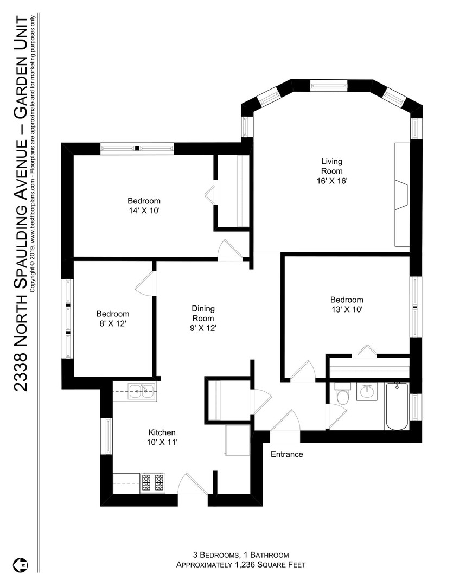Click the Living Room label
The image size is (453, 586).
[x=332, y=167]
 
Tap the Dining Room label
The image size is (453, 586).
[x=203, y=314]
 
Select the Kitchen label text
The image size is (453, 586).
[x=162, y=432]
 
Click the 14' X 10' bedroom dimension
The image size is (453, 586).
[x=144, y=211]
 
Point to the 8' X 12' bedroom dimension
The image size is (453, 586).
[x=112, y=324]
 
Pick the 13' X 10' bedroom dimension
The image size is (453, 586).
[x=347, y=309]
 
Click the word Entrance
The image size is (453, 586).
[x=286, y=454]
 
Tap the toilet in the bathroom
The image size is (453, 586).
[x=342, y=393]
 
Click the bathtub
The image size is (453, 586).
[x=397, y=406]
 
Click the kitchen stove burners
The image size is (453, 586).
[x=153, y=482]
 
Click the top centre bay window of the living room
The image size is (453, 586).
[x=329, y=86]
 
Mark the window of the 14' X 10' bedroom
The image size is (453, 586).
[x=137, y=148]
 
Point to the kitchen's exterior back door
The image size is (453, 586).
[x=193, y=483]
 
